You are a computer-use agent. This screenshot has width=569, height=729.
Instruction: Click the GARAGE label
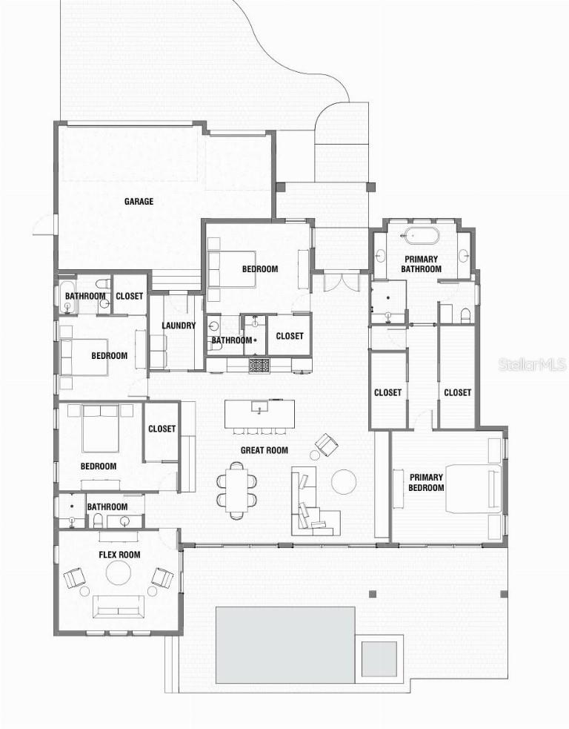pyautogui.click(x=139, y=201)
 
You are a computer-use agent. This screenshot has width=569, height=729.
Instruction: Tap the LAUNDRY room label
pyautogui.click(x=179, y=326)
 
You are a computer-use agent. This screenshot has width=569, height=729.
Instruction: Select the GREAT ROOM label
pyautogui.click(x=264, y=450)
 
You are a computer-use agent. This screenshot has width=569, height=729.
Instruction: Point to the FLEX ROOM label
pyautogui.click(x=119, y=555)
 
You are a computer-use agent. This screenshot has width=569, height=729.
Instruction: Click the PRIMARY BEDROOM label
pyautogui.click(x=426, y=482)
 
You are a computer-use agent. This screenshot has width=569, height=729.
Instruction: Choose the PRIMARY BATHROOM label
pyautogui.click(x=422, y=264)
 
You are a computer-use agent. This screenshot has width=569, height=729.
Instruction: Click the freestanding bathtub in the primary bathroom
pyautogui.click(x=421, y=237)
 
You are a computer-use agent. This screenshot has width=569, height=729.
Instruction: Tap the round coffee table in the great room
pyautogui.click(x=344, y=482)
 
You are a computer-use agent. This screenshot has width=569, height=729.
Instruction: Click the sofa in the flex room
pyautogui.click(x=118, y=606)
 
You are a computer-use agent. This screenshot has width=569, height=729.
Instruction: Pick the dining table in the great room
pyautogui.click(x=238, y=489)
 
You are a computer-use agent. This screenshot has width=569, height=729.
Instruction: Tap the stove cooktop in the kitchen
pyautogui.click(x=259, y=364)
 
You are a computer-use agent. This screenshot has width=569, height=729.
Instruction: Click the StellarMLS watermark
pyautogui.click(x=532, y=364)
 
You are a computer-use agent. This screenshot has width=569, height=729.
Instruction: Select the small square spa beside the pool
pyautogui.click(x=379, y=659)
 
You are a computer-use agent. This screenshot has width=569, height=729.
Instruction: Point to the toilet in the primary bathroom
pyautogui.click(x=465, y=316)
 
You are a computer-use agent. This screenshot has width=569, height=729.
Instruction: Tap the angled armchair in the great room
pyautogui.click(x=326, y=445)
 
